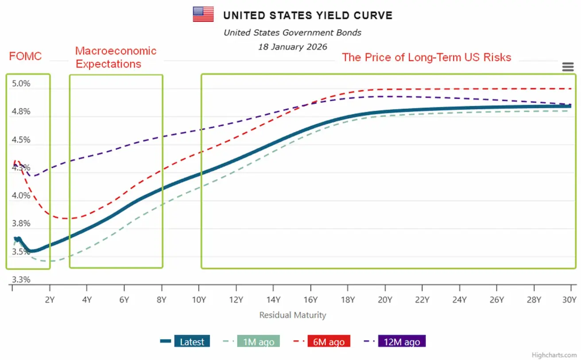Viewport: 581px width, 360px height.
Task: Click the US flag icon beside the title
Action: (x=203, y=14)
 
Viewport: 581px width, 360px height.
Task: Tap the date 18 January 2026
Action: (x=293, y=46)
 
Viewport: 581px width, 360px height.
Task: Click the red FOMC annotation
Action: (x=25, y=56)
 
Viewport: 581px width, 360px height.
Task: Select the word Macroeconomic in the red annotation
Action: (x=116, y=51)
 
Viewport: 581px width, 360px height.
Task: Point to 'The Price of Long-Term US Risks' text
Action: (x=426, y=57)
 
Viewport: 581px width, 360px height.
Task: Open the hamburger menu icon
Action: (x=568, y=67)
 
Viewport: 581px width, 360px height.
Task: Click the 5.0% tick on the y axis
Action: (x=21, y=84)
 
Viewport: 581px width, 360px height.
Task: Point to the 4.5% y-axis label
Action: (x=21, y=140)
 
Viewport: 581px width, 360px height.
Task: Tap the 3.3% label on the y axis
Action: (x=21, y=280)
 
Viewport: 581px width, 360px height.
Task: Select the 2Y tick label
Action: (x=50, y=299)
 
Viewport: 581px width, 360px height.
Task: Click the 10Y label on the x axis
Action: (x=199, y=299)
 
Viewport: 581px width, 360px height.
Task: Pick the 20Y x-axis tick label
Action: (x=385, y=299)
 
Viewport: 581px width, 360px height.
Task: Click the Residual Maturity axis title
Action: (x=293, y=315)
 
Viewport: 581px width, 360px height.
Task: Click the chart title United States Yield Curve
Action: (x=308, y=15)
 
